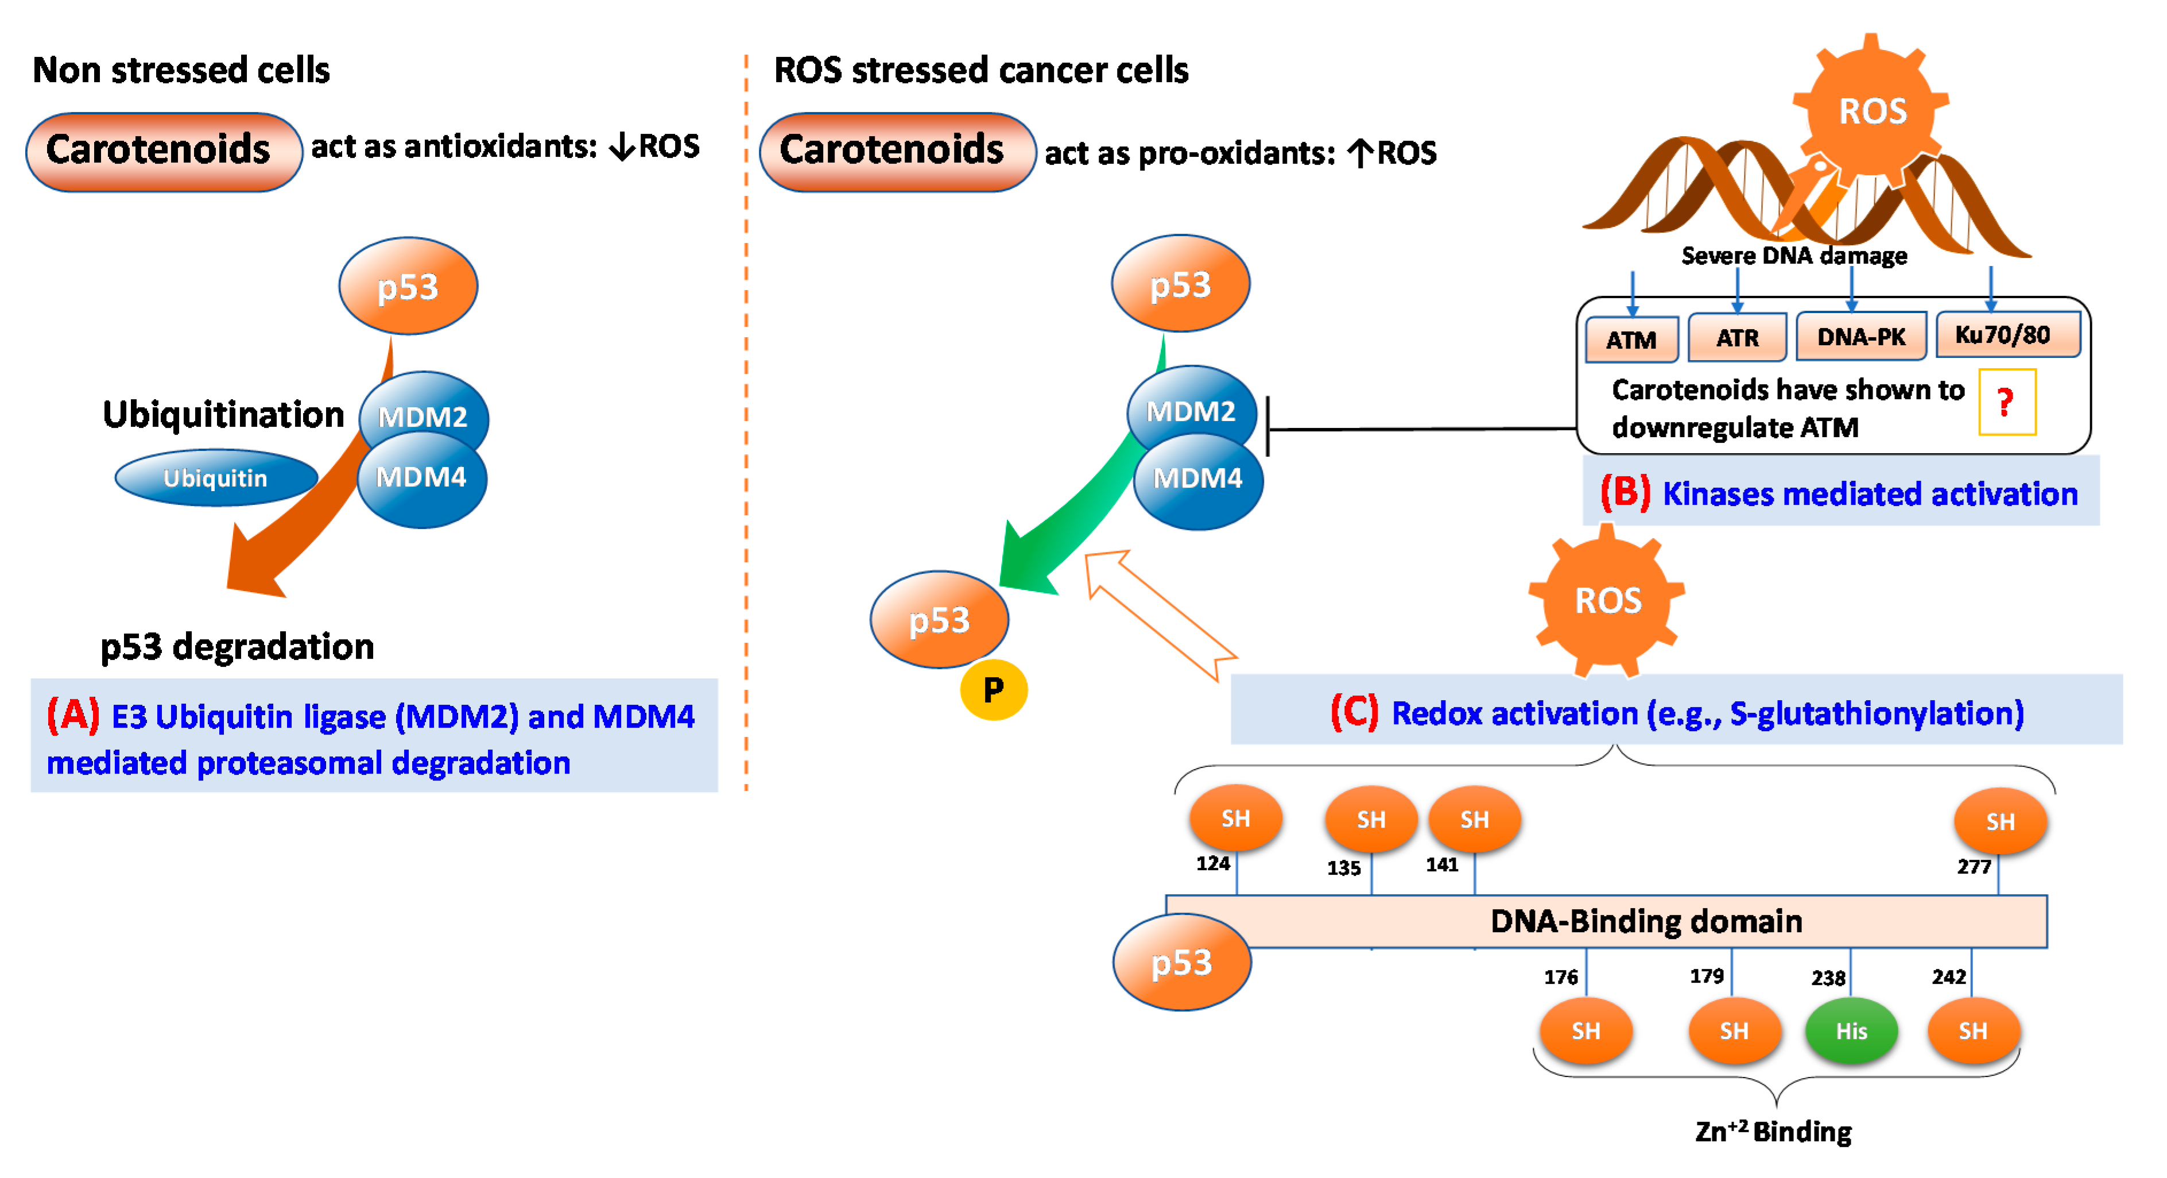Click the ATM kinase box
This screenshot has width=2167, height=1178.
pos(1631,339)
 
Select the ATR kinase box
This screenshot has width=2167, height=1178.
pos(1736,337)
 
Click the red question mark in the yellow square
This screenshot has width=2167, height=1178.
pos(2006,402)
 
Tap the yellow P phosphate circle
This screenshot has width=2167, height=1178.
pos(994,690)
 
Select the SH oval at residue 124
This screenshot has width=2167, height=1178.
pos(1235,818)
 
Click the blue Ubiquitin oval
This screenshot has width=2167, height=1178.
pos(215,478)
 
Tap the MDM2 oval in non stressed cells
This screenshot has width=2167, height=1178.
pos(423,414)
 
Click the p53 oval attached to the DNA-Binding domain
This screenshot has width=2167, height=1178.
pos(1181,961)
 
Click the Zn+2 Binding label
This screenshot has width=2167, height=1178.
pos(1773,1131)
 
